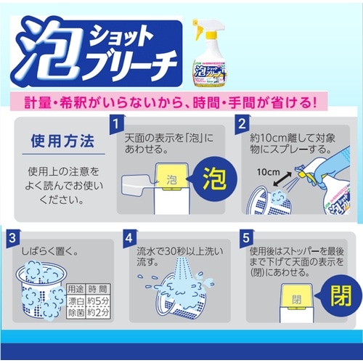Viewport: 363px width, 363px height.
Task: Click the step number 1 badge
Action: (x=115, y=125)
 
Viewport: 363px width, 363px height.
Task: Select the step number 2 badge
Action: (x=242, y=125)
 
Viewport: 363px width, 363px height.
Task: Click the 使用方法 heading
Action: (x=62, y=139)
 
